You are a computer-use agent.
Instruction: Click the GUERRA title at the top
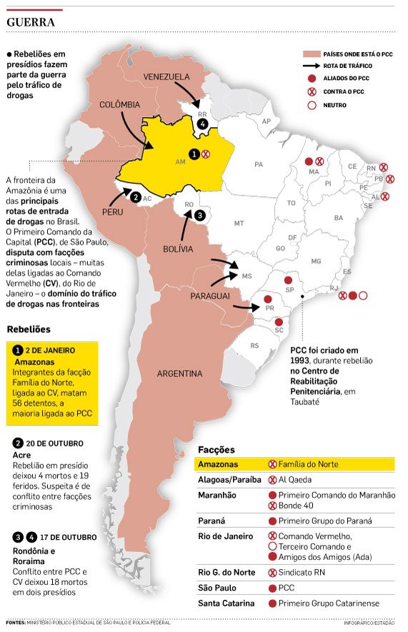(x=30, y=22)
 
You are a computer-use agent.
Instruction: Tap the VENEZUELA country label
(x=166, y=76)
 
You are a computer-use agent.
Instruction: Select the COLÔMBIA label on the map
(x=119, y=104)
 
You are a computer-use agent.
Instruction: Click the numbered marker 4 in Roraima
(x=204, y=124)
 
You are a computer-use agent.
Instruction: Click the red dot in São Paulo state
(x=288, y=281)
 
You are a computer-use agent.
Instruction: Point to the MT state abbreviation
(x=239, y=224)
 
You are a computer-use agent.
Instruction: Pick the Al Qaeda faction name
(x=295, y=479)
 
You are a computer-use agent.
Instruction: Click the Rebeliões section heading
(x=28, y=329)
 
